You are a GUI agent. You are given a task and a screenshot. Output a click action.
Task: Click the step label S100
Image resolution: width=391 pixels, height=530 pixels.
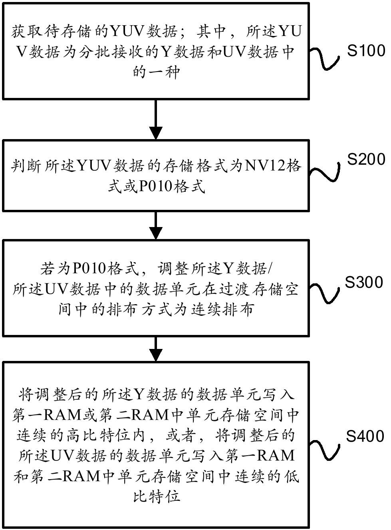pos(366,51)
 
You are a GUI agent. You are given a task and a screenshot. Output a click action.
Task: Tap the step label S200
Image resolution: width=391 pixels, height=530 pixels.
pos(366,159)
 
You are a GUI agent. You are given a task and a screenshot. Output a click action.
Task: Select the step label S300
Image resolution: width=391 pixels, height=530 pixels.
pos(364,282)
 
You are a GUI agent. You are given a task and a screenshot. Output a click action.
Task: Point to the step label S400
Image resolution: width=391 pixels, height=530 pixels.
pos(365,436)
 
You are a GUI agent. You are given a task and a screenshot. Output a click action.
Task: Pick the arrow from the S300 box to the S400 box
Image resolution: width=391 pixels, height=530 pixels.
pos(156,349)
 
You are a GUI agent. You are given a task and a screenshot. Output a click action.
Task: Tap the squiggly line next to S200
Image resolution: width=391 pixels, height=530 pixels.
pos(326,172)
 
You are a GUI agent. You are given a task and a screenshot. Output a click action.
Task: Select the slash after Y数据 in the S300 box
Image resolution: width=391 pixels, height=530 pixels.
pos(271,269)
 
